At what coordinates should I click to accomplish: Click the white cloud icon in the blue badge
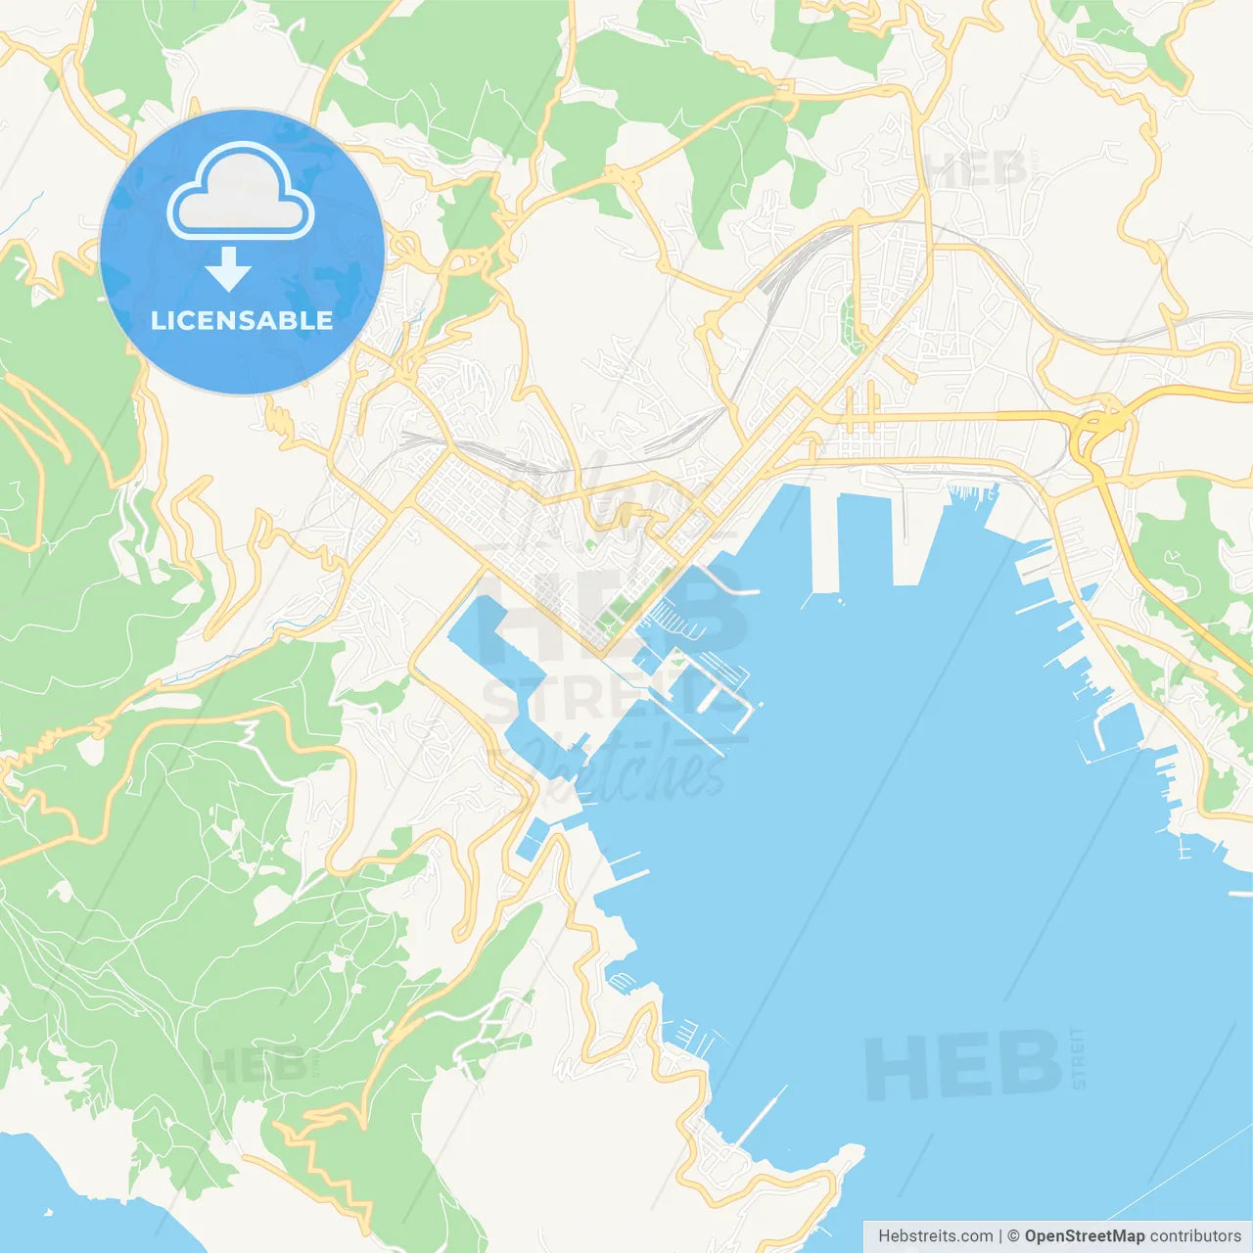241,192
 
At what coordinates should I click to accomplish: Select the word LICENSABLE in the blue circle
242,320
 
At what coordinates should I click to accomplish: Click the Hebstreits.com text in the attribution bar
935,1236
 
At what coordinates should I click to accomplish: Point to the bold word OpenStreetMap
1084,1236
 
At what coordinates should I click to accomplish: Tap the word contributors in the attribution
1195,1236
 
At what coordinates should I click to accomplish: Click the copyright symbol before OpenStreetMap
1013,1236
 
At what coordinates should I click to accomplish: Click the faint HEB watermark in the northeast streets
975,171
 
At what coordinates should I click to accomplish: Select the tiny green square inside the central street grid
589,544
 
